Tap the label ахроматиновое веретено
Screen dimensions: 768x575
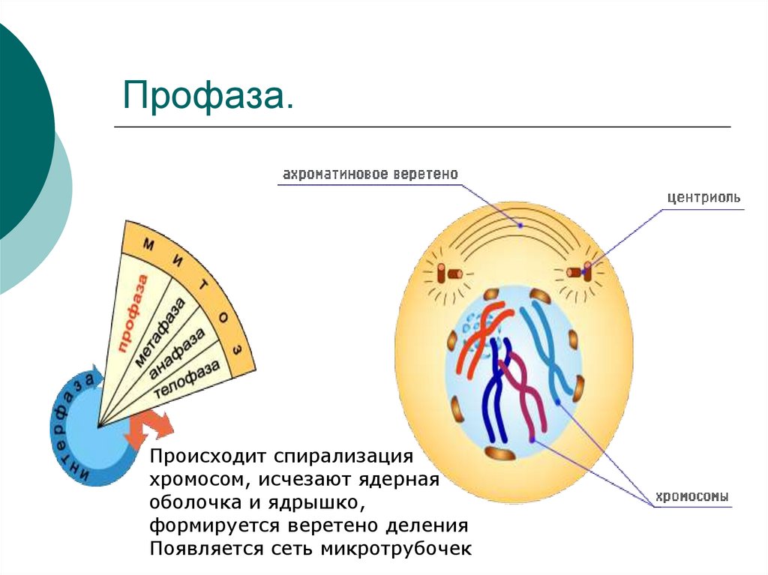pyautogui.click(x=370, y=175)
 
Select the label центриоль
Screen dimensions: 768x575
pyautogui.click(x=703, y=198)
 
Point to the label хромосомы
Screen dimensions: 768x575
pyautogui.click(x=692, y=496)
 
